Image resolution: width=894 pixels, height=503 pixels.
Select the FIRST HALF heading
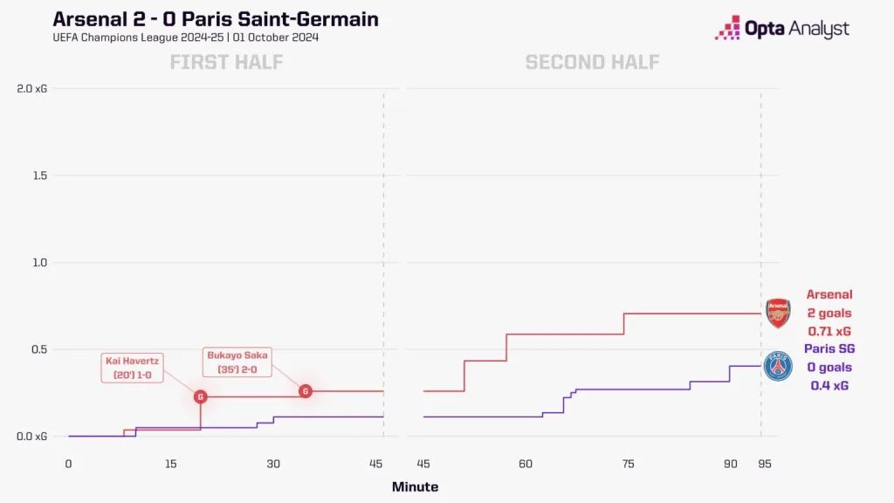tap(226, 62)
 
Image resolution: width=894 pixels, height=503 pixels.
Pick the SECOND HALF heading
tap(592, 62)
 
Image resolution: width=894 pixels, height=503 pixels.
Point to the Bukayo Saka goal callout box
tap(238, 362)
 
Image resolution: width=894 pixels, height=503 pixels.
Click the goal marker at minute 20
tap(201, 396)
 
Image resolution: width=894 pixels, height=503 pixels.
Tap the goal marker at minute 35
tap(305, 391)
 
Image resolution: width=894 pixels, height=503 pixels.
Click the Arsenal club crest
tap(777, 313)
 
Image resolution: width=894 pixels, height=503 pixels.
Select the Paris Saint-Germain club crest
tap(777, 367)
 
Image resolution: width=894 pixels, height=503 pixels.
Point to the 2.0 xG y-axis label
tap(33, 88)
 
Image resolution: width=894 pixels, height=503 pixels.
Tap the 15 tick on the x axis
tap(170, 464)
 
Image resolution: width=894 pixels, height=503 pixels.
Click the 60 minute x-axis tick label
tap(525, 464)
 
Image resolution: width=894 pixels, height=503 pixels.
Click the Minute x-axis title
tap(415, 487)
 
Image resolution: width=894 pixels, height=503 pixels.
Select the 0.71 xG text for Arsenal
tap(829, 332)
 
